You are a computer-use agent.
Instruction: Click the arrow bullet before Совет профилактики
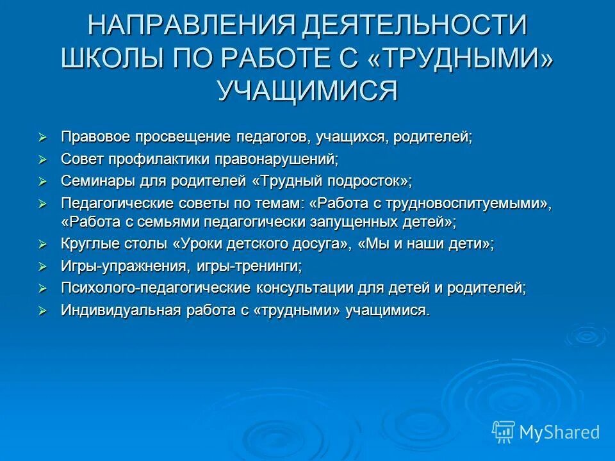(x=43, y=159)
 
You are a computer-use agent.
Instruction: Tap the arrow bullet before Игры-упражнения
(x=43, y=266)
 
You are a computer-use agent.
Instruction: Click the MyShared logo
(x=546, y=432)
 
